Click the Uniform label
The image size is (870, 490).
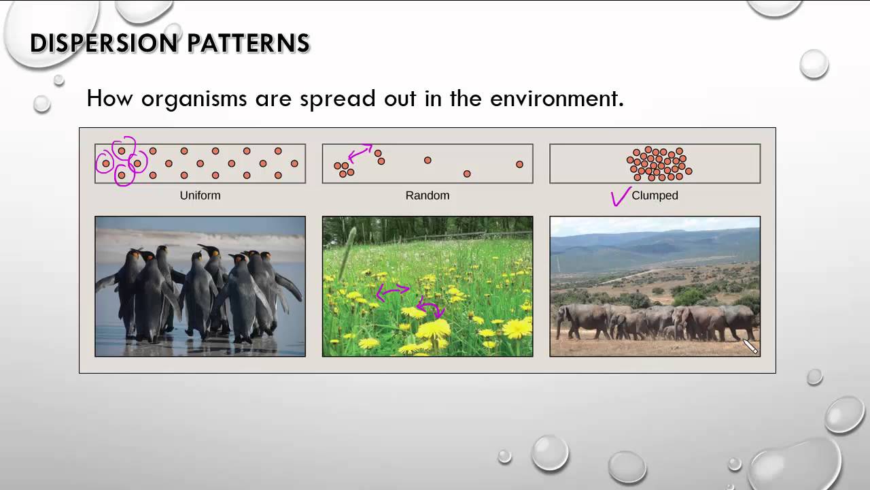[200, 195]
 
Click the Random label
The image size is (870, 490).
[428, 195]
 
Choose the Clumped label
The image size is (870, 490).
[655, 195]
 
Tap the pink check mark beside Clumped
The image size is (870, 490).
[620, 197]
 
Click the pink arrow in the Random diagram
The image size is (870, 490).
[360, 152]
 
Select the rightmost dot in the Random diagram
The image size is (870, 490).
[519, 164]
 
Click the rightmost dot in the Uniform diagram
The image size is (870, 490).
[294, 163]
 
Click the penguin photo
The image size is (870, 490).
[200, 286]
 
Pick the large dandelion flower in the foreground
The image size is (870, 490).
[434, 329]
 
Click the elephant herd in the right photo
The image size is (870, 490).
[652, 321]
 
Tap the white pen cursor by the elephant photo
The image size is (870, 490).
[750, 347]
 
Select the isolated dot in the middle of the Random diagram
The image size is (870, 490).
[428, 160]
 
